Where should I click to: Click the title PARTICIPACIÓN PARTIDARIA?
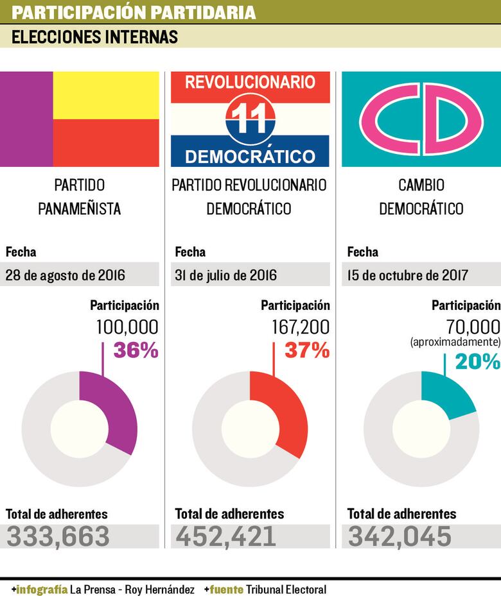pyautogui.click(x=134, y=12)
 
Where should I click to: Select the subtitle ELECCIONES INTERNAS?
pyautogui.click(x=94, y=37)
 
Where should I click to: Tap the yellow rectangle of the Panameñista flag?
pyautogui.click(x=106, y=95)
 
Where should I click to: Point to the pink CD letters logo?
pyautogui.click(x=421, y=119)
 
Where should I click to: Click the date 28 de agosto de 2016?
pyautogui.click(x=65, y=275)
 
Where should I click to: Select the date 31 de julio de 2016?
pyautogui.click(x=226, y=275)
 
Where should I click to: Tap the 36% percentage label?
pyautogui.click(x=136, y=350)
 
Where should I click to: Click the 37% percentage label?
pyautogui.click(x=307, y=350)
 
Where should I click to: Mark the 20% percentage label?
pyautogui.click(x=477, y=362)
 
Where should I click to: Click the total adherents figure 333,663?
pyautogui.click(x=58, y=536)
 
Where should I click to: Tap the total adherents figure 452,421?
pyautogui.click(x=225, y=536)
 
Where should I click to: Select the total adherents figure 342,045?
pyautogui.click(x=400, y=536)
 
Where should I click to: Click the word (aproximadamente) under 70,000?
pyautogui.click(x=455, y=343)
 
